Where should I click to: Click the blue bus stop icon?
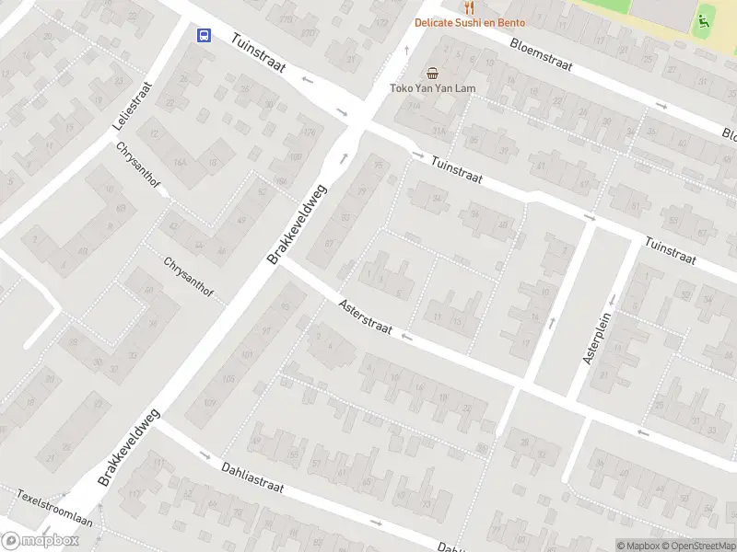(204, 36)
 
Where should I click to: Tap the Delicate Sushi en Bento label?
(469, 23)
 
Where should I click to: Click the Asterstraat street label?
(365, 316)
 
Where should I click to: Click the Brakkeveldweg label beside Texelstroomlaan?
(129, 448)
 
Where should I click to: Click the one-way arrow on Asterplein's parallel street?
(553, 322)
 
